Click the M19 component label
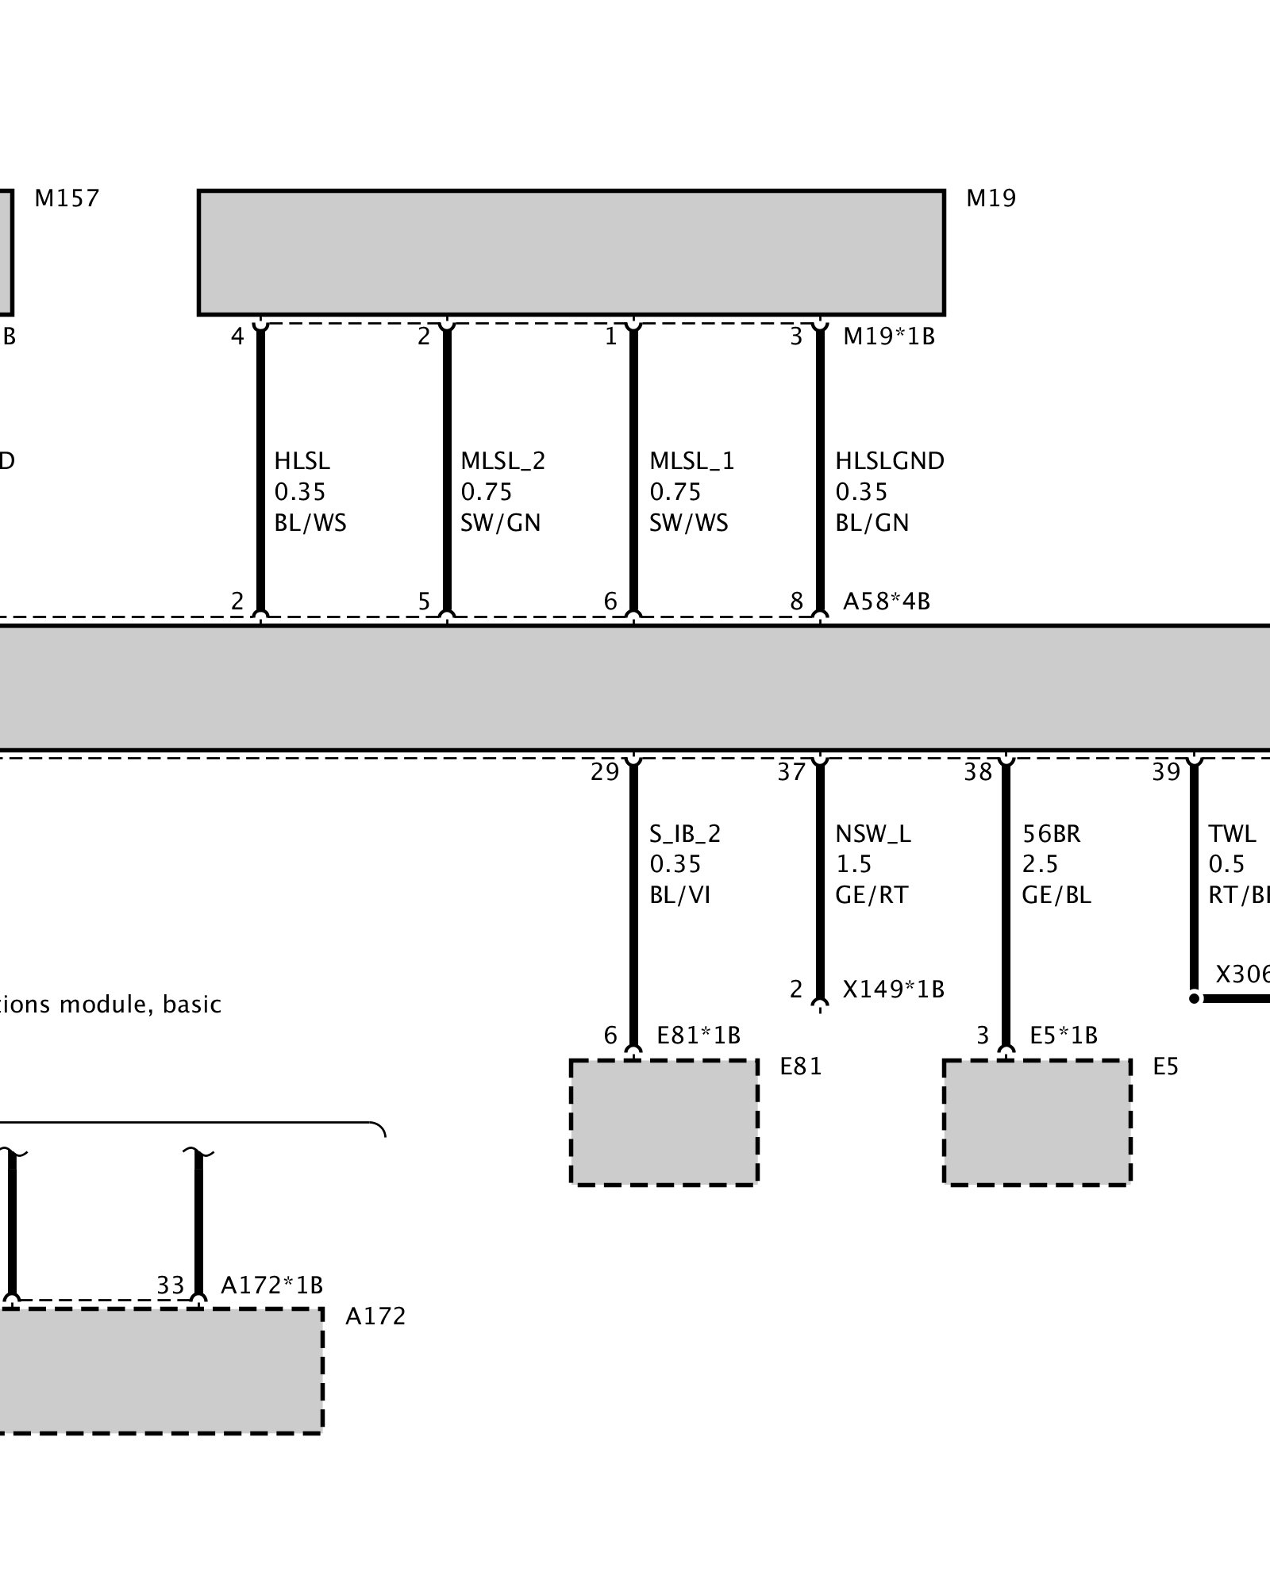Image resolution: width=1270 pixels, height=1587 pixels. pos(991,198)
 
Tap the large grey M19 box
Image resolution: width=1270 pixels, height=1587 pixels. pos(571,252)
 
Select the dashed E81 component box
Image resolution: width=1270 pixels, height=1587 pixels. pos(664,1122)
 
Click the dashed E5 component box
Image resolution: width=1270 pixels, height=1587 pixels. pos(1037,1122)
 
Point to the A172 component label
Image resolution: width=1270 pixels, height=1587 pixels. pos(375,1316)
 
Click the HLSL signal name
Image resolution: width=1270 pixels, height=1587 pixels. pos(302,461)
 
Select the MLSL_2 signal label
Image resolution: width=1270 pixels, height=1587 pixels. pos(503,461)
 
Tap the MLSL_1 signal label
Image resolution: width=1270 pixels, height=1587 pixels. pos(691,461)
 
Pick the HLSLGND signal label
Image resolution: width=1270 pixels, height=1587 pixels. pos(890,461)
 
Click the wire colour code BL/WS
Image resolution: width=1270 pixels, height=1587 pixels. pos(310,523)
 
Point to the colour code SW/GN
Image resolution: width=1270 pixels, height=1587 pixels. pos(501,523)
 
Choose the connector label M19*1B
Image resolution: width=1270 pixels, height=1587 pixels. pos(889,336)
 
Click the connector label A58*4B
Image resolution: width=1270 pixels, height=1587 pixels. pos(886,601)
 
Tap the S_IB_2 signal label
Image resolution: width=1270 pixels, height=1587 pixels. pos(685,834)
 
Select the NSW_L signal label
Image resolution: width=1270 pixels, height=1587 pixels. pos(873,834)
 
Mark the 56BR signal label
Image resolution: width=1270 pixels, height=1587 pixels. pos(1052,834)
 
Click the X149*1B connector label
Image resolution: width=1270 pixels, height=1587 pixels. pos(893,989)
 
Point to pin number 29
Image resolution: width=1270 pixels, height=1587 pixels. pos(605,772)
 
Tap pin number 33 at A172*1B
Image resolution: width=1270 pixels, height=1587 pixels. pos(170,1285)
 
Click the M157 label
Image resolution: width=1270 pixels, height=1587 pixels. pos(67,198)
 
